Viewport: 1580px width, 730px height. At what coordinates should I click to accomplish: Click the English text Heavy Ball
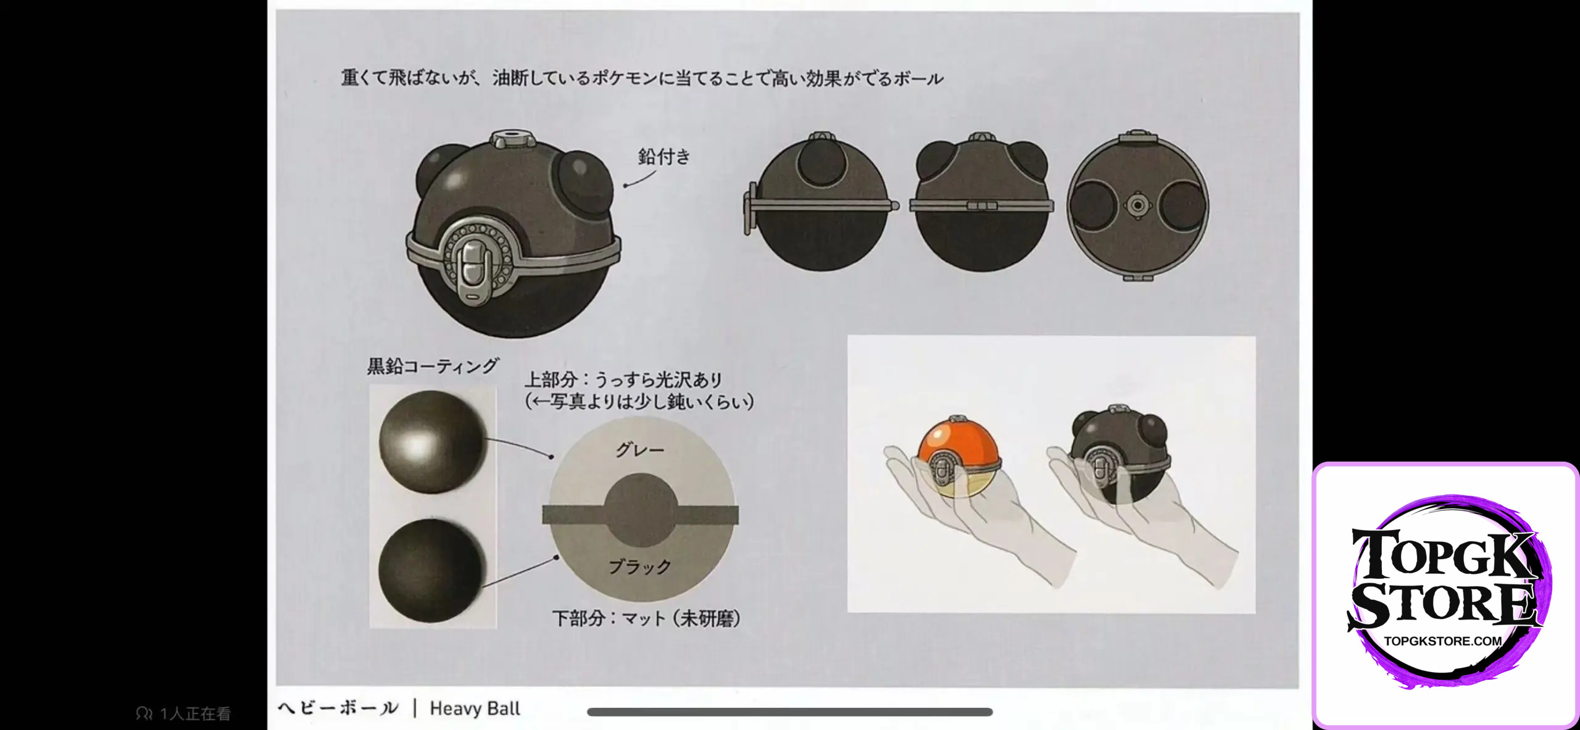pos(475,708)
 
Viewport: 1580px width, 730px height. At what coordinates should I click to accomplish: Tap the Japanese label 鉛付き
pos(664,157)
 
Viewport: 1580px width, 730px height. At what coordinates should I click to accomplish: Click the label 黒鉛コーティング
pos(433,366)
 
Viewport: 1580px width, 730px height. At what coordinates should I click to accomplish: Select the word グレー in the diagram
pos(640,450)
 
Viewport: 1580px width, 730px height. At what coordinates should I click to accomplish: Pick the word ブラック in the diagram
pos(640,566)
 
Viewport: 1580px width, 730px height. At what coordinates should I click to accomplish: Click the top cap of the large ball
pos(513,138)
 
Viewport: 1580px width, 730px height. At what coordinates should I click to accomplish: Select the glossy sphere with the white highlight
pos(432,442)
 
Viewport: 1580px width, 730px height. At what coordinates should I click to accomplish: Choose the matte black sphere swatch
pos(431,570)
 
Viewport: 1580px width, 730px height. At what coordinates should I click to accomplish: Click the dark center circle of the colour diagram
pos(640,510)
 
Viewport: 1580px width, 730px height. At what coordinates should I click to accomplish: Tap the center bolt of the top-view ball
pos(1137,205)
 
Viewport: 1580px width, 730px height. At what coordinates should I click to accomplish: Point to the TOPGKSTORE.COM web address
pos(1443,641)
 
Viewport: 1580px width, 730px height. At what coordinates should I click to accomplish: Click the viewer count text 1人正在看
pos(195,714)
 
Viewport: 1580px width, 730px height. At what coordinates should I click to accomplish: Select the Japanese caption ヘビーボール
pos(338,708)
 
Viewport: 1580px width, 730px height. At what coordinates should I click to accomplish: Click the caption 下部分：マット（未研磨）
pos(646,618)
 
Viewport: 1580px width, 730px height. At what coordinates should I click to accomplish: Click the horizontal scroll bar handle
pos(790,712)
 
